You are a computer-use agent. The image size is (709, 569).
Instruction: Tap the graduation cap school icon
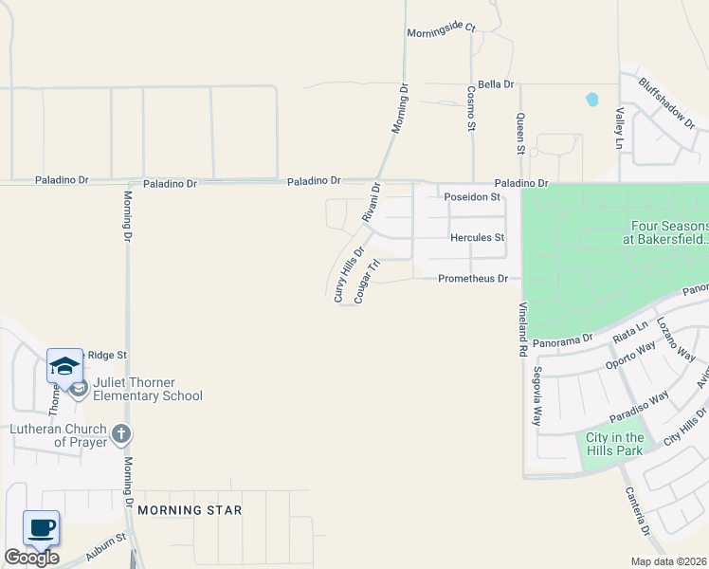click(64, 366)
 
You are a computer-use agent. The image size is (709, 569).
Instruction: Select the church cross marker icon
click(119, 434)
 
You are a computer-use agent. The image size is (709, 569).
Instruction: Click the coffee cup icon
click(40, 527)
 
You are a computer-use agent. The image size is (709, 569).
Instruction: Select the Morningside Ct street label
click(441, 30)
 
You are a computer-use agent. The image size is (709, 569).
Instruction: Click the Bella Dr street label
click(496, 84)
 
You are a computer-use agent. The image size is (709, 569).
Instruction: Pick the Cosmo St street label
click(471, 106)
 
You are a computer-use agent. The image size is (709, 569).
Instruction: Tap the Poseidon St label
click(472, 197)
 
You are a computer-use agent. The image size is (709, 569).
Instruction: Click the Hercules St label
click(478, 237)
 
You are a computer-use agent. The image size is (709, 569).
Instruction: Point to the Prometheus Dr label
click(480, 279)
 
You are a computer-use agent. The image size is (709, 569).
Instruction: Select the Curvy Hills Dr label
click(348, 275)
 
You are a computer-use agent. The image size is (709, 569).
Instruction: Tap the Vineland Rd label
click(522, 330)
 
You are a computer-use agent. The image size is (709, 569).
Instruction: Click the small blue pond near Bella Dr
click(592, 99)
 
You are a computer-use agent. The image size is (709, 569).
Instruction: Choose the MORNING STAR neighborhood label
click(190, 510)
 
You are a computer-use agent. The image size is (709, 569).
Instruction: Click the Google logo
click(31, 558)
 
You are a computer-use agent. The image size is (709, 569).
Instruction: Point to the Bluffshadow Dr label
click(668, 104)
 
